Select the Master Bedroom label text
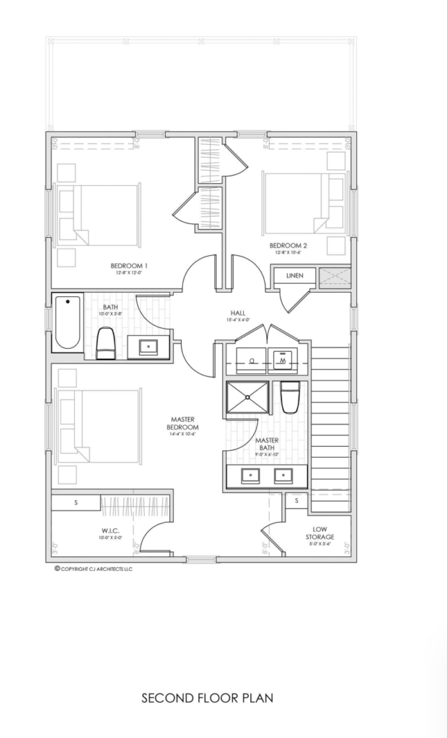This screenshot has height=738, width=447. [184, 423]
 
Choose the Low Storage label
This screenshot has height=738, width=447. [319, 533]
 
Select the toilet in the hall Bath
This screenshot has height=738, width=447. [106, 342]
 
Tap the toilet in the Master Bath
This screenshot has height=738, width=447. [290, 397]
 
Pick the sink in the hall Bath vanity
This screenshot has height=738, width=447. [149, 346]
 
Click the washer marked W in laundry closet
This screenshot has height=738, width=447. [283, 358]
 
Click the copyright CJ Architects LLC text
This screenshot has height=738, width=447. [94, 569]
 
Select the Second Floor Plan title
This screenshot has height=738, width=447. [207, 698]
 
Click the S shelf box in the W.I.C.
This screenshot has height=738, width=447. [76, 502]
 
